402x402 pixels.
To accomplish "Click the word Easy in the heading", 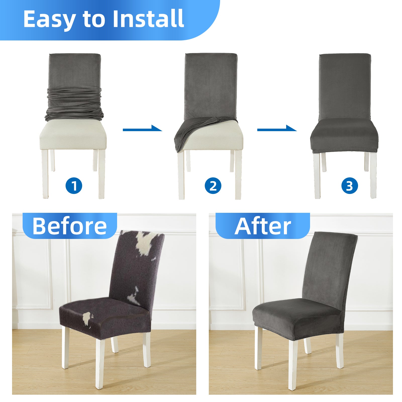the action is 49,19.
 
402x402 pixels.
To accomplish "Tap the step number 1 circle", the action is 74,186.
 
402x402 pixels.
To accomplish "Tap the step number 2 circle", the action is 213,186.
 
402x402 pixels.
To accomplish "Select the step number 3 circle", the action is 349,186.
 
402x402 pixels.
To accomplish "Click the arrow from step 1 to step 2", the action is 142,129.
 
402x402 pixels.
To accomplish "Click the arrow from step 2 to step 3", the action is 277,129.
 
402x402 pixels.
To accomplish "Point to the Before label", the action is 70,226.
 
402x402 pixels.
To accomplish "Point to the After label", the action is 263,226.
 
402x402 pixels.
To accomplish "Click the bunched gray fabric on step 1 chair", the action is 74,104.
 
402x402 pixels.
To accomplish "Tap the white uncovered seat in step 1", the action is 73,134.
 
